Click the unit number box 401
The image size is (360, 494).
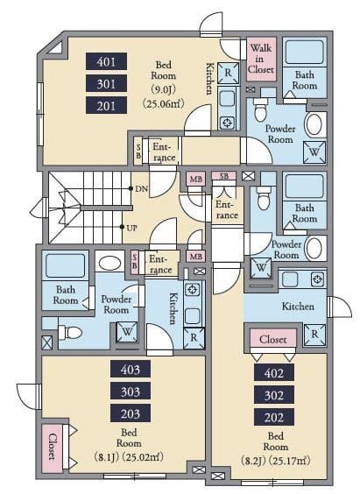click(x=107, y=61)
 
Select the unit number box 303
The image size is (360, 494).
click(x=131, y=392)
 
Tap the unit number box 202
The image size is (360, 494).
click(x=274, y=417)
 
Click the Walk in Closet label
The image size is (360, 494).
click(x=261, y=59)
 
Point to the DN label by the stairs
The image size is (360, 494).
click(x=141, y=188)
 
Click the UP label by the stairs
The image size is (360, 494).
click(x=131, y=228)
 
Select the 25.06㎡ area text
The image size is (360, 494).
click(x=163, y=103)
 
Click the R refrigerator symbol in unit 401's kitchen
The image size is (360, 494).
click(x=228, y=73)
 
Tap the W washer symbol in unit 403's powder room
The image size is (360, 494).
click(x=127, y=332)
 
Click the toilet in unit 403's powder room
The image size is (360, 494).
click(x=70, y=332)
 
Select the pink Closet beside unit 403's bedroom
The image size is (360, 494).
click(x=53, y=448)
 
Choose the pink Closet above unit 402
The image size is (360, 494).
click(x=273, y=339)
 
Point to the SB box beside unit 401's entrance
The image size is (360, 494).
click(x=138, y=151)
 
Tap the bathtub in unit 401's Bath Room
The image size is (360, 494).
click(x=304, y=51)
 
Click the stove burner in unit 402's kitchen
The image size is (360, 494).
click(x=317, y=279)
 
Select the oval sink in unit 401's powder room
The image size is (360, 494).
click(x=314, y=123)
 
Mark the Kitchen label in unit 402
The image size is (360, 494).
click(x=298, y=307)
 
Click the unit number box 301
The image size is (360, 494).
click(x=107, y=83)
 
